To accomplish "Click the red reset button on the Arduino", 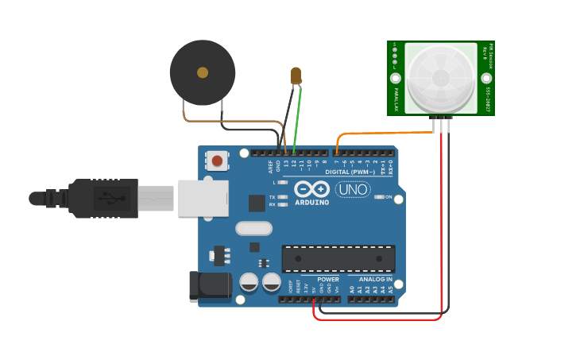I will pyautogui.click(x=217, y=161).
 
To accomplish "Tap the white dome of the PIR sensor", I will pyautogui.click(x=441, y=77).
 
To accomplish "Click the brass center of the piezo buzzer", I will pyautogui.click(x=203, y=72).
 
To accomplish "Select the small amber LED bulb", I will pyautogui.click(x=296, y=75).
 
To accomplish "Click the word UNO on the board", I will pyautogui.click(x=353, y=189).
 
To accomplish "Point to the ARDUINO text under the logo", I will pyautogui.click(x=311, y=202).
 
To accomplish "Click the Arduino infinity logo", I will pyautogui.click(x=311, y=189).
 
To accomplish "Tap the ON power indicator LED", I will pyautogui.click(x=378, y=196).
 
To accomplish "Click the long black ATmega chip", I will pyautogui.click(x=338, y=258).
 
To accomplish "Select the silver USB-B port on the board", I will pyautogui.click(x=203, y=198).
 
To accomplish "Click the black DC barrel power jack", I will pyautogui.click(x=209, y=286).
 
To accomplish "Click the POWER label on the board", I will pyautogui.click(x=328, y=280).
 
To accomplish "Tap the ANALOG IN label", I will pyautogui.click(x=375, y=280).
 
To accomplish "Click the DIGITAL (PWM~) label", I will pyautogui.click(x=350, y=172).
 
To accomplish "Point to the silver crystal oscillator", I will pyautogui.click(x=253, y=228).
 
